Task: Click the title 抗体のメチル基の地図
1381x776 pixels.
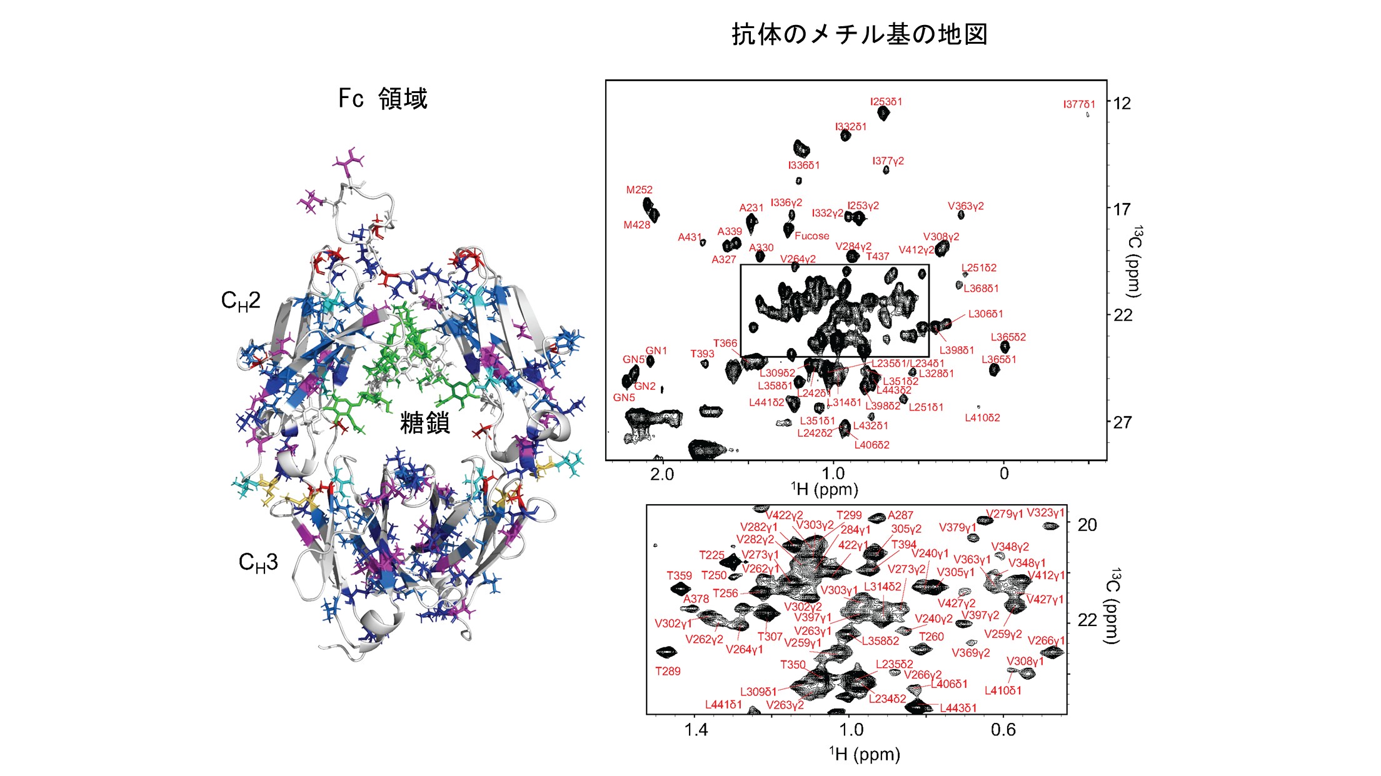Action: [859, 34]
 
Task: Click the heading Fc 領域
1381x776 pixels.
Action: [383, 99]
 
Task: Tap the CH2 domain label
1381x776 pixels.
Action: [241, 301]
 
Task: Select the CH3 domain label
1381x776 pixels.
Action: [258, 563]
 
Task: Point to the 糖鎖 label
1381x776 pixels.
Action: [425, 423]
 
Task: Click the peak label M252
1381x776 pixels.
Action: [639, 190]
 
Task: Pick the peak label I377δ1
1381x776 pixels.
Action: [1079, 104]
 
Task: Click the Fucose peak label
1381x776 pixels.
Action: [811, 236]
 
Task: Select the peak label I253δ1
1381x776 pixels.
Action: [886, 102]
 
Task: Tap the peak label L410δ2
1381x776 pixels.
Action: [982, 418]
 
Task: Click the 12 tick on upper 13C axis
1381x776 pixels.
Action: [1122, 103]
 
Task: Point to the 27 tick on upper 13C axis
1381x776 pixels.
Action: [1122, 422]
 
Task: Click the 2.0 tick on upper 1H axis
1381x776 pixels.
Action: [662, 474]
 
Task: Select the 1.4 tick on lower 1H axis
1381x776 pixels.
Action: [696, 730]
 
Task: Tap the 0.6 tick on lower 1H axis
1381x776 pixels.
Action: [1003, 730]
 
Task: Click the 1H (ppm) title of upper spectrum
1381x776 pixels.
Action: [824, 489]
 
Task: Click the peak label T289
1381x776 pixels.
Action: [668, 672]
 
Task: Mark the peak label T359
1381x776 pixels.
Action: [679, 575]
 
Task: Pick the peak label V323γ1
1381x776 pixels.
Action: [1045, 513]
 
